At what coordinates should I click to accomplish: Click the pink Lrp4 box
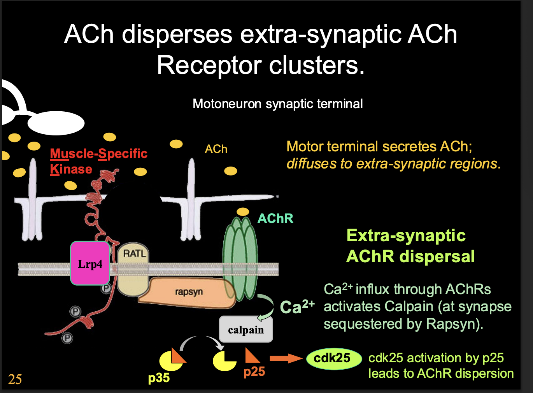[x=90, y=263]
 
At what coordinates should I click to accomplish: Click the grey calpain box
[x=246, y=330]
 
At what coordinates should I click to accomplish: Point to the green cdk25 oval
[x=333, y=358]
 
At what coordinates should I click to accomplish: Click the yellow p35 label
[x=159, y=378]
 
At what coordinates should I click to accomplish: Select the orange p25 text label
[x=254, y=372]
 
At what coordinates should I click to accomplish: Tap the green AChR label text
[x=275, y=219]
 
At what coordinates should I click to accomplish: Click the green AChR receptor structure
[x=240, y=257]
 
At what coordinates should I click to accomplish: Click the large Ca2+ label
[x=297, y=307]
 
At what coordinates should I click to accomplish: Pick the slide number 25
[x=15, y=379]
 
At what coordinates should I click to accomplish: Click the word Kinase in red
[x=71, y=169]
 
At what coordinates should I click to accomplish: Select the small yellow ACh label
[x=216, y=149]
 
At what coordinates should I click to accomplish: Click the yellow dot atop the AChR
[x=243, y=212]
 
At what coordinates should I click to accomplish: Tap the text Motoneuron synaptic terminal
[x=277, y=104]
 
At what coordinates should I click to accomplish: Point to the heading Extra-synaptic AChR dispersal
[x=410, y=246]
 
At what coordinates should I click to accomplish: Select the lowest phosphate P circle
[x=67, y=338]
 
